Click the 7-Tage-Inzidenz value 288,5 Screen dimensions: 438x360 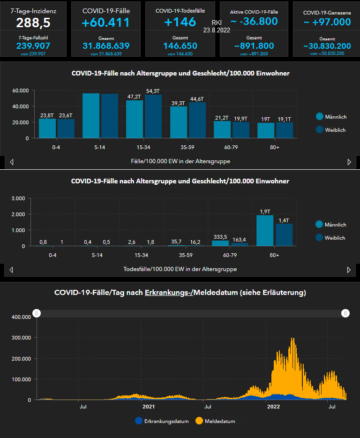coord(33,23)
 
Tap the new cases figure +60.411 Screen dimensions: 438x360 coord(106,23)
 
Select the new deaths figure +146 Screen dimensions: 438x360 coord(180,22)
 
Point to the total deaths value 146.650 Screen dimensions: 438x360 coord(180,45)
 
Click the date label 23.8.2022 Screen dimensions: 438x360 coord(217,30)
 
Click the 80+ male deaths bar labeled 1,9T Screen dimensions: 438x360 coord(265,230)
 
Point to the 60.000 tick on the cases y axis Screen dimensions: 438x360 coord(21,91)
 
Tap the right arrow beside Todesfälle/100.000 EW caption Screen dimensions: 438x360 coord(349,270)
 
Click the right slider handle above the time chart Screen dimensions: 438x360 coord(345,313)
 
